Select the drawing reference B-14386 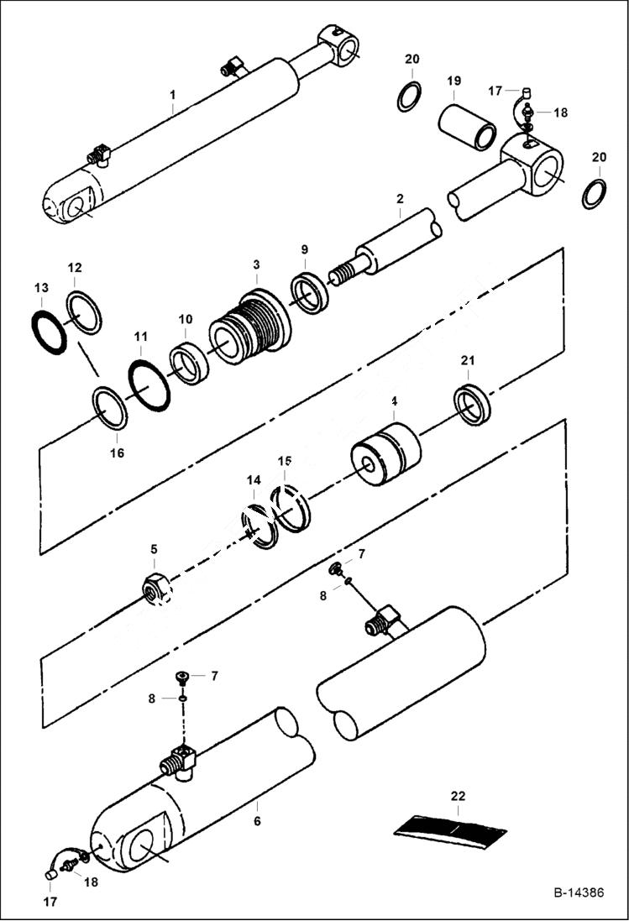tap(578, 892)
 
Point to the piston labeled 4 tap(385, 457)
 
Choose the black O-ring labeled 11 tap(149, 384)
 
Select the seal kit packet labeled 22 tap(450, 829)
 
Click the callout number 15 tap(286, 461)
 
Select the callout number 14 tap(254, 479)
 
